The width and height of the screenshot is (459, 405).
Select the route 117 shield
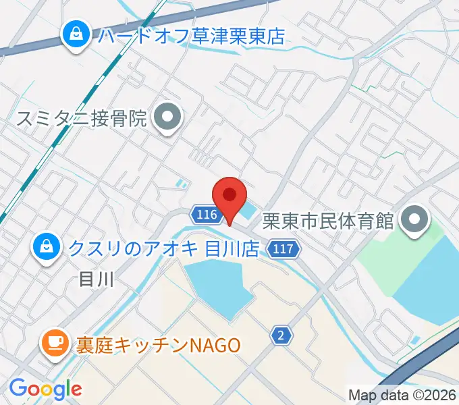pyautogui.click(x=282, y=250)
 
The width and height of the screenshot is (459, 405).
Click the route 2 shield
pyautogui.click(x=280, y=334)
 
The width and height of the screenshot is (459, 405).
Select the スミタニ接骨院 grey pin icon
pyautogui.click(x=166, y=119)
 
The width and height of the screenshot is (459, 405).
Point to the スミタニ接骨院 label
pyautogui.click(x=82, y=120)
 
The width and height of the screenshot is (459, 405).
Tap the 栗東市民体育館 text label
pyautogui.click(x=328, y=221)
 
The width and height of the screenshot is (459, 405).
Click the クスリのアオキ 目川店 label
pyautogui.click(x=163, y=249)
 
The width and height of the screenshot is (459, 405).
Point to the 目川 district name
pyautogui.click(x=94, y=278)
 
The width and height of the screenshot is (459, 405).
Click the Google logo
pyautogui.click(x=45, y=388)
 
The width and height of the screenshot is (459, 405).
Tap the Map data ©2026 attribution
pyautogui.click(x=403, y=395)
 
